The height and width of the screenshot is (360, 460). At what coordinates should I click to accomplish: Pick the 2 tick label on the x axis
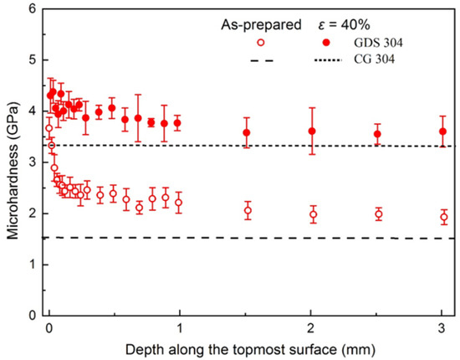(x=312, y=327)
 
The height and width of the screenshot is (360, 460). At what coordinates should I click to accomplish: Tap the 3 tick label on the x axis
(x=442, y=327)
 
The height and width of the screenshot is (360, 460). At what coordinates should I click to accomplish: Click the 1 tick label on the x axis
(x=180, y=327)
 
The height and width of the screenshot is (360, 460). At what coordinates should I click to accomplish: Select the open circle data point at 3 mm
(x=442, y=218)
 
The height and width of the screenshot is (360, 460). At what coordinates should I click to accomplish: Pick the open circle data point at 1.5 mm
(x=247, y=210)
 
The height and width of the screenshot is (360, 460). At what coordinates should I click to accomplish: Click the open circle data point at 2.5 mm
(x=378, y=214)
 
